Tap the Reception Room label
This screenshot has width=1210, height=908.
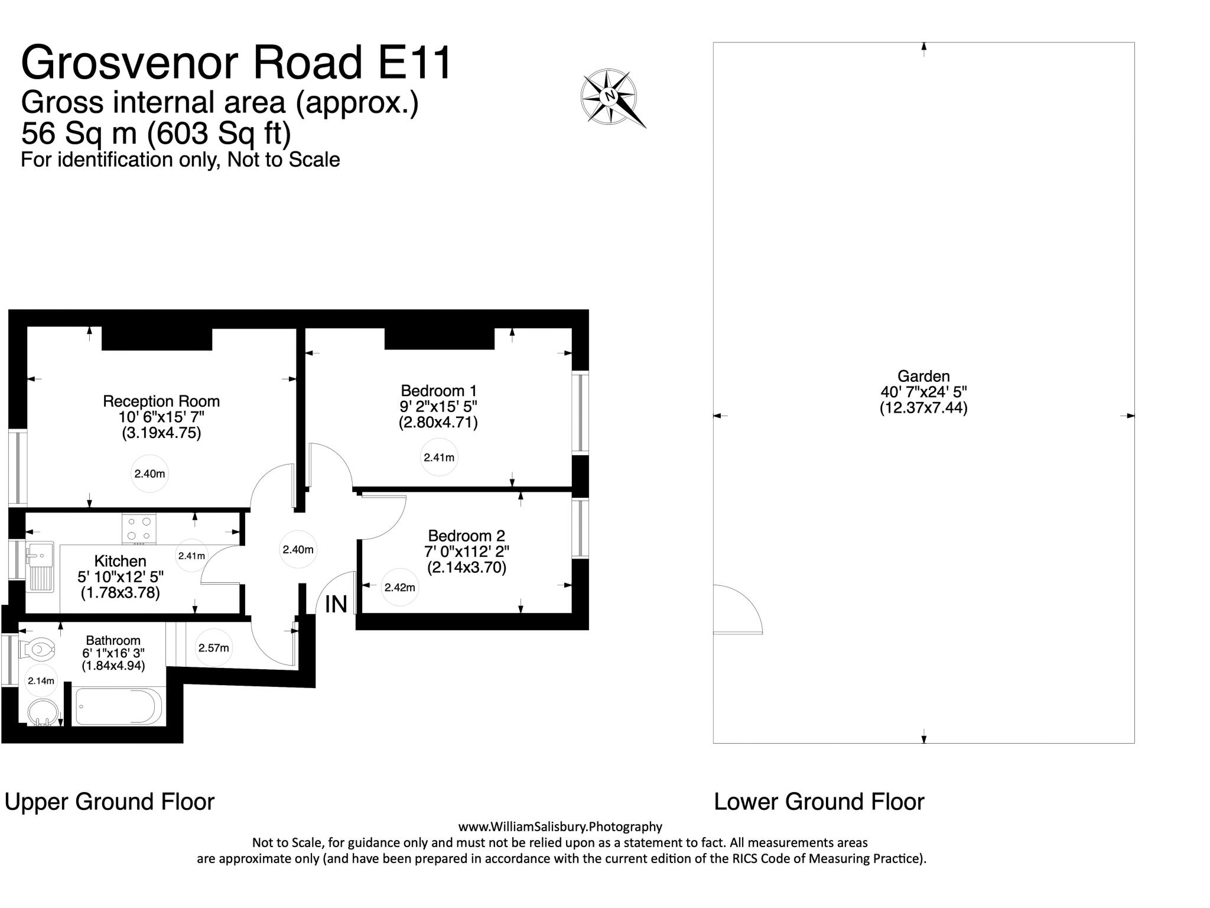161,401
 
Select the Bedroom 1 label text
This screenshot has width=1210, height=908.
438,391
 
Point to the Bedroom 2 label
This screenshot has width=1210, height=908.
467,536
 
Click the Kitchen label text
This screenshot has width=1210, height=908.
121,561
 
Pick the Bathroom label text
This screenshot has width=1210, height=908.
113,640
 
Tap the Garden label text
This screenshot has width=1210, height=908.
923,376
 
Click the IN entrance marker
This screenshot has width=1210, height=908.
336,604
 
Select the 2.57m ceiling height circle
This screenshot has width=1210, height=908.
213,648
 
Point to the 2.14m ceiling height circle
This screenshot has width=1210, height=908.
41,681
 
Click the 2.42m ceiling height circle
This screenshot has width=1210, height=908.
400,588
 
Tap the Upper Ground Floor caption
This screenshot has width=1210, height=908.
109,802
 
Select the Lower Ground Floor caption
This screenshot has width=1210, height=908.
819,802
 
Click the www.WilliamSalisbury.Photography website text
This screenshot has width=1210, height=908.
560,827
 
